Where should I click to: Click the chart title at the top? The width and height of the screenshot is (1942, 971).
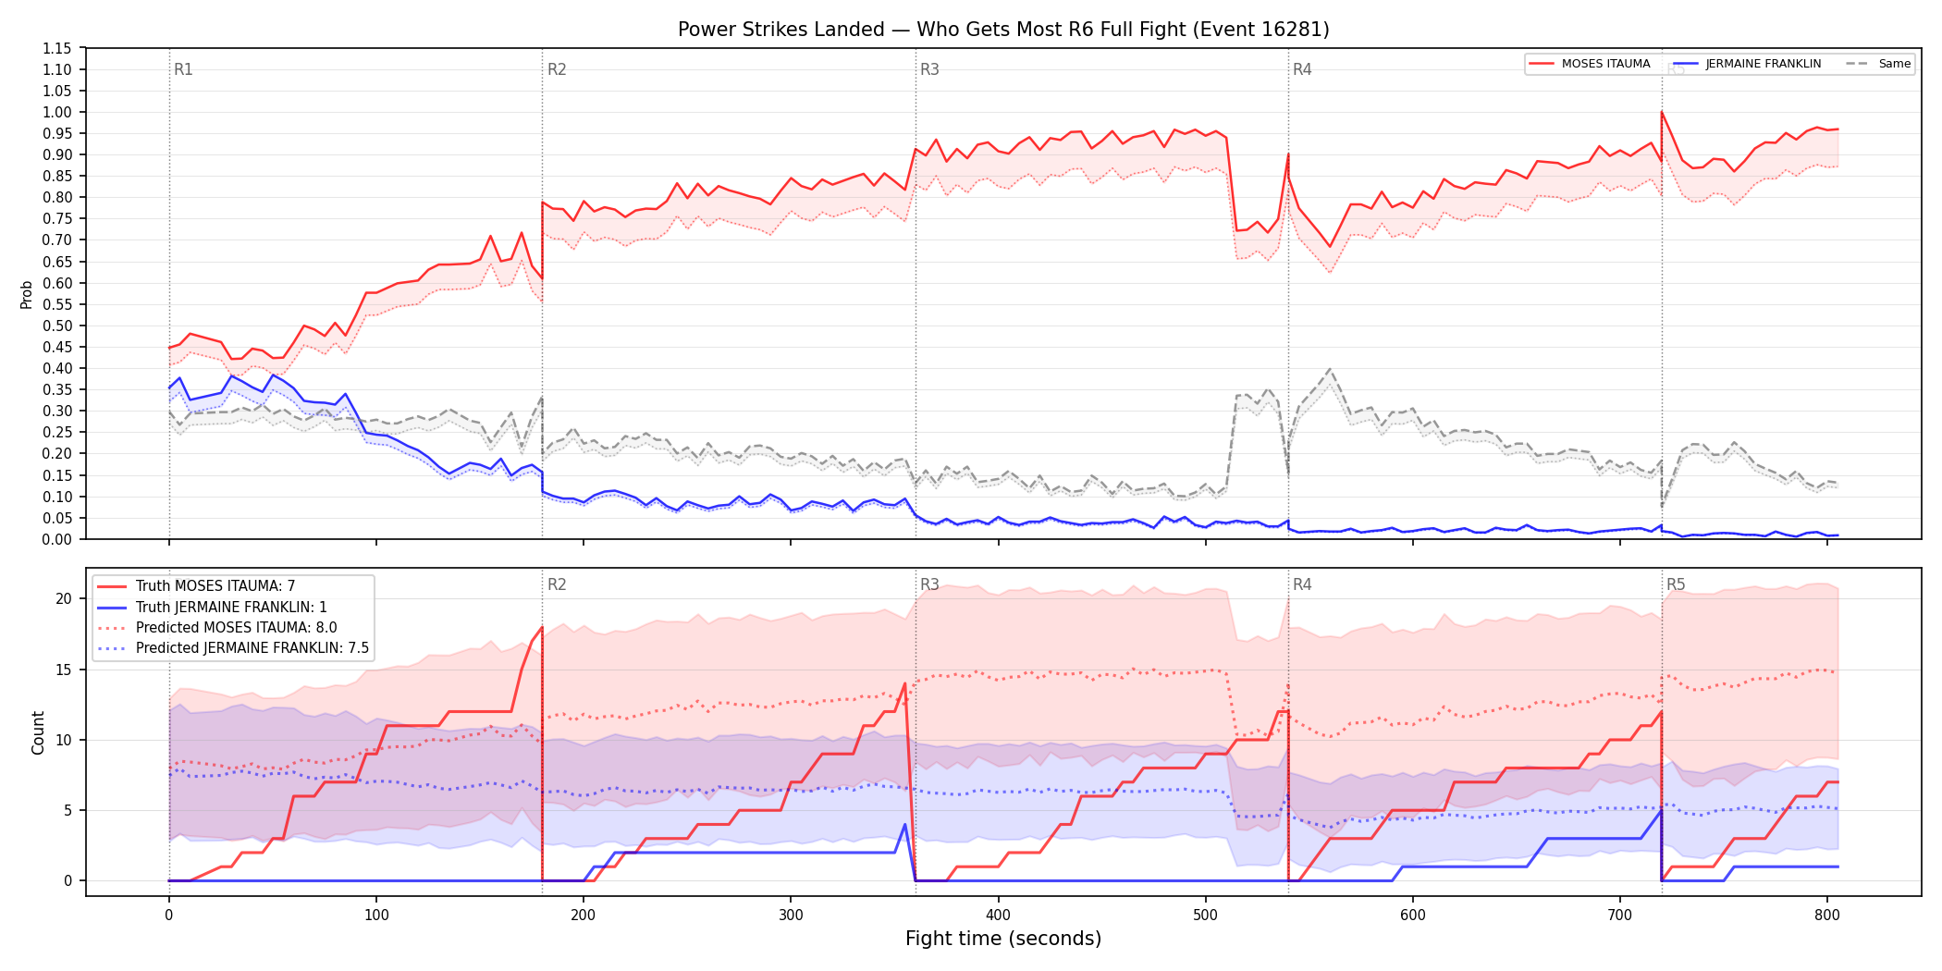tap(1003, 30)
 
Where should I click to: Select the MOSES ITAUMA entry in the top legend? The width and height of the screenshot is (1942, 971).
tap(1590, 64)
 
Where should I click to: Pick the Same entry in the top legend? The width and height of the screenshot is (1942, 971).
tap(1878, 64)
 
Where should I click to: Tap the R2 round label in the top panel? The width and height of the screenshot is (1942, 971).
tap(557, 69)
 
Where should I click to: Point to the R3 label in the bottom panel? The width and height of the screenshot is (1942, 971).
tap(929, 584)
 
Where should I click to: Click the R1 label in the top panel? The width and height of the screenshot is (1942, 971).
tap(183, 69)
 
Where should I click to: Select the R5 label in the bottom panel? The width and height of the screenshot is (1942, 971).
tap(1676, 584)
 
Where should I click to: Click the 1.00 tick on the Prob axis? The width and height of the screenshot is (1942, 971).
tap(57, 112)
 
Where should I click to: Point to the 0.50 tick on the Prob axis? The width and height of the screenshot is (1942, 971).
tap(57, 326)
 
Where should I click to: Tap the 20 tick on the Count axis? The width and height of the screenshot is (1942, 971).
tap(64, 598)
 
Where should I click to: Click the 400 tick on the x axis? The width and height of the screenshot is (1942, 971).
tap(998, 915)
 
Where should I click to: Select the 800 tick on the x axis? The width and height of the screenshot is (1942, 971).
tap(1827, 915)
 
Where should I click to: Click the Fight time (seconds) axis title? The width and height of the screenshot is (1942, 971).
tap(1003, 939)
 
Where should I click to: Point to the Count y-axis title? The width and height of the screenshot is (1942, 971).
tap(38, 732)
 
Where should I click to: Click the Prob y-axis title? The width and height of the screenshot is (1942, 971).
tap(26, 294)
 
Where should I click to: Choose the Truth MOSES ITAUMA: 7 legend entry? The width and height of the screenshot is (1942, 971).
tap(215, 586)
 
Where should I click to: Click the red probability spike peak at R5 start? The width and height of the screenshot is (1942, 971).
tap(1662, 112)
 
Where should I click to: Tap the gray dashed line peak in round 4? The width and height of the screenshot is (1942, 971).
tap(1330, 369)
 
